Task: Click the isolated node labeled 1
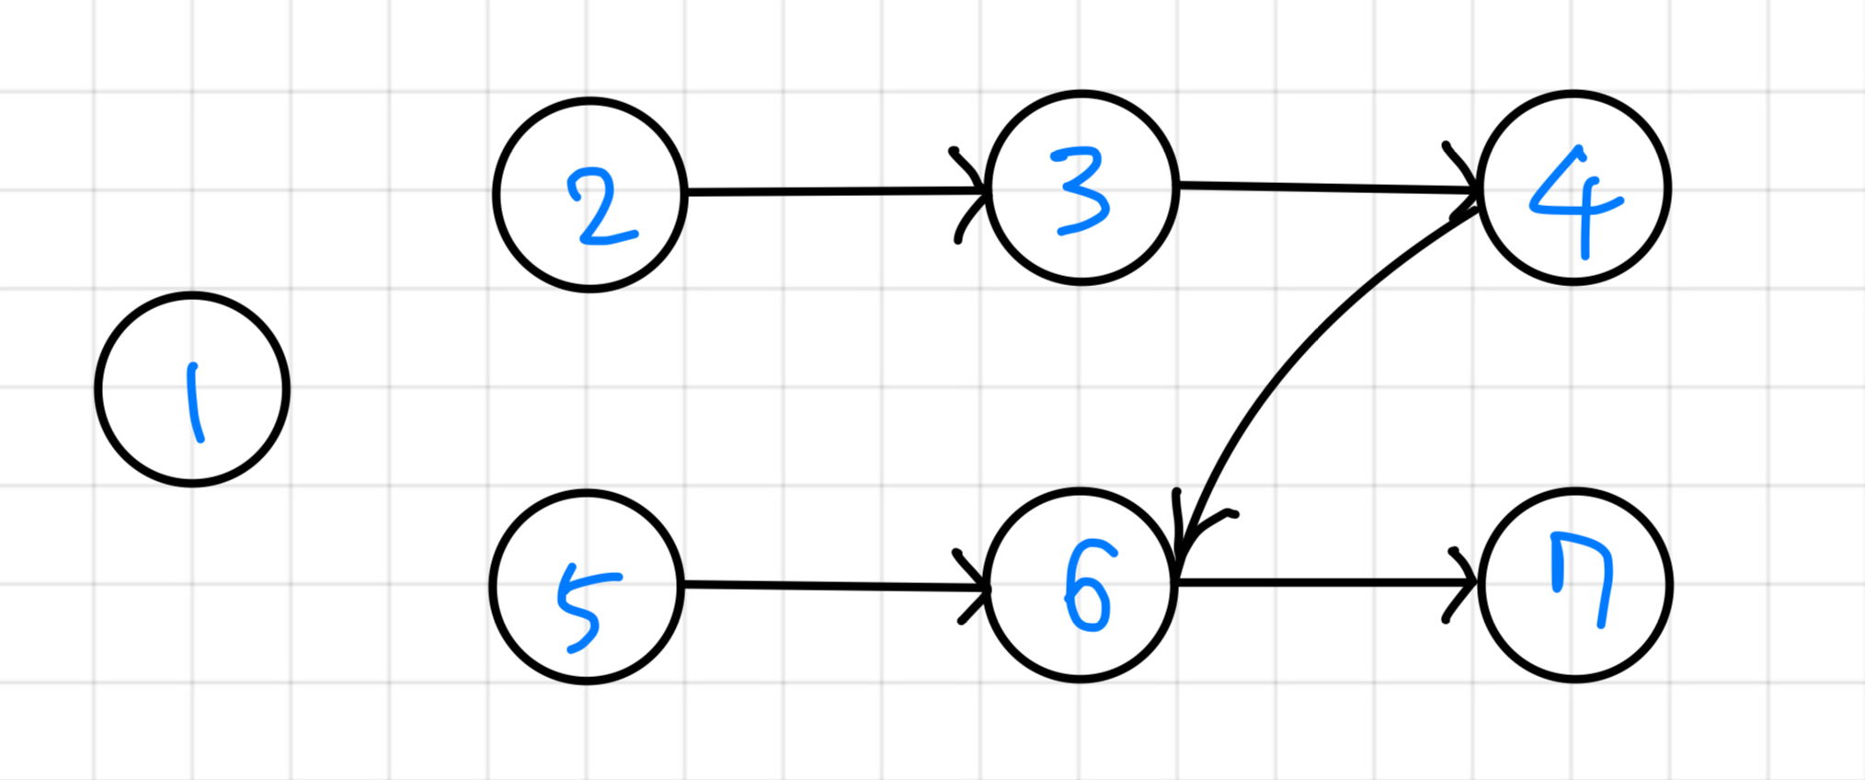192,389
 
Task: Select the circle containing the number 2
589,194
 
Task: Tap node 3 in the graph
1081,188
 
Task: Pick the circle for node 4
1573,188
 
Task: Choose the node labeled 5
587,586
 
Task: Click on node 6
1081,585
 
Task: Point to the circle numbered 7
1575,585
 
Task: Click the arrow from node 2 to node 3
828,191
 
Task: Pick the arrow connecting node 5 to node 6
828,585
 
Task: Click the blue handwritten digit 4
1575,202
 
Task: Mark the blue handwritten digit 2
600,207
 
